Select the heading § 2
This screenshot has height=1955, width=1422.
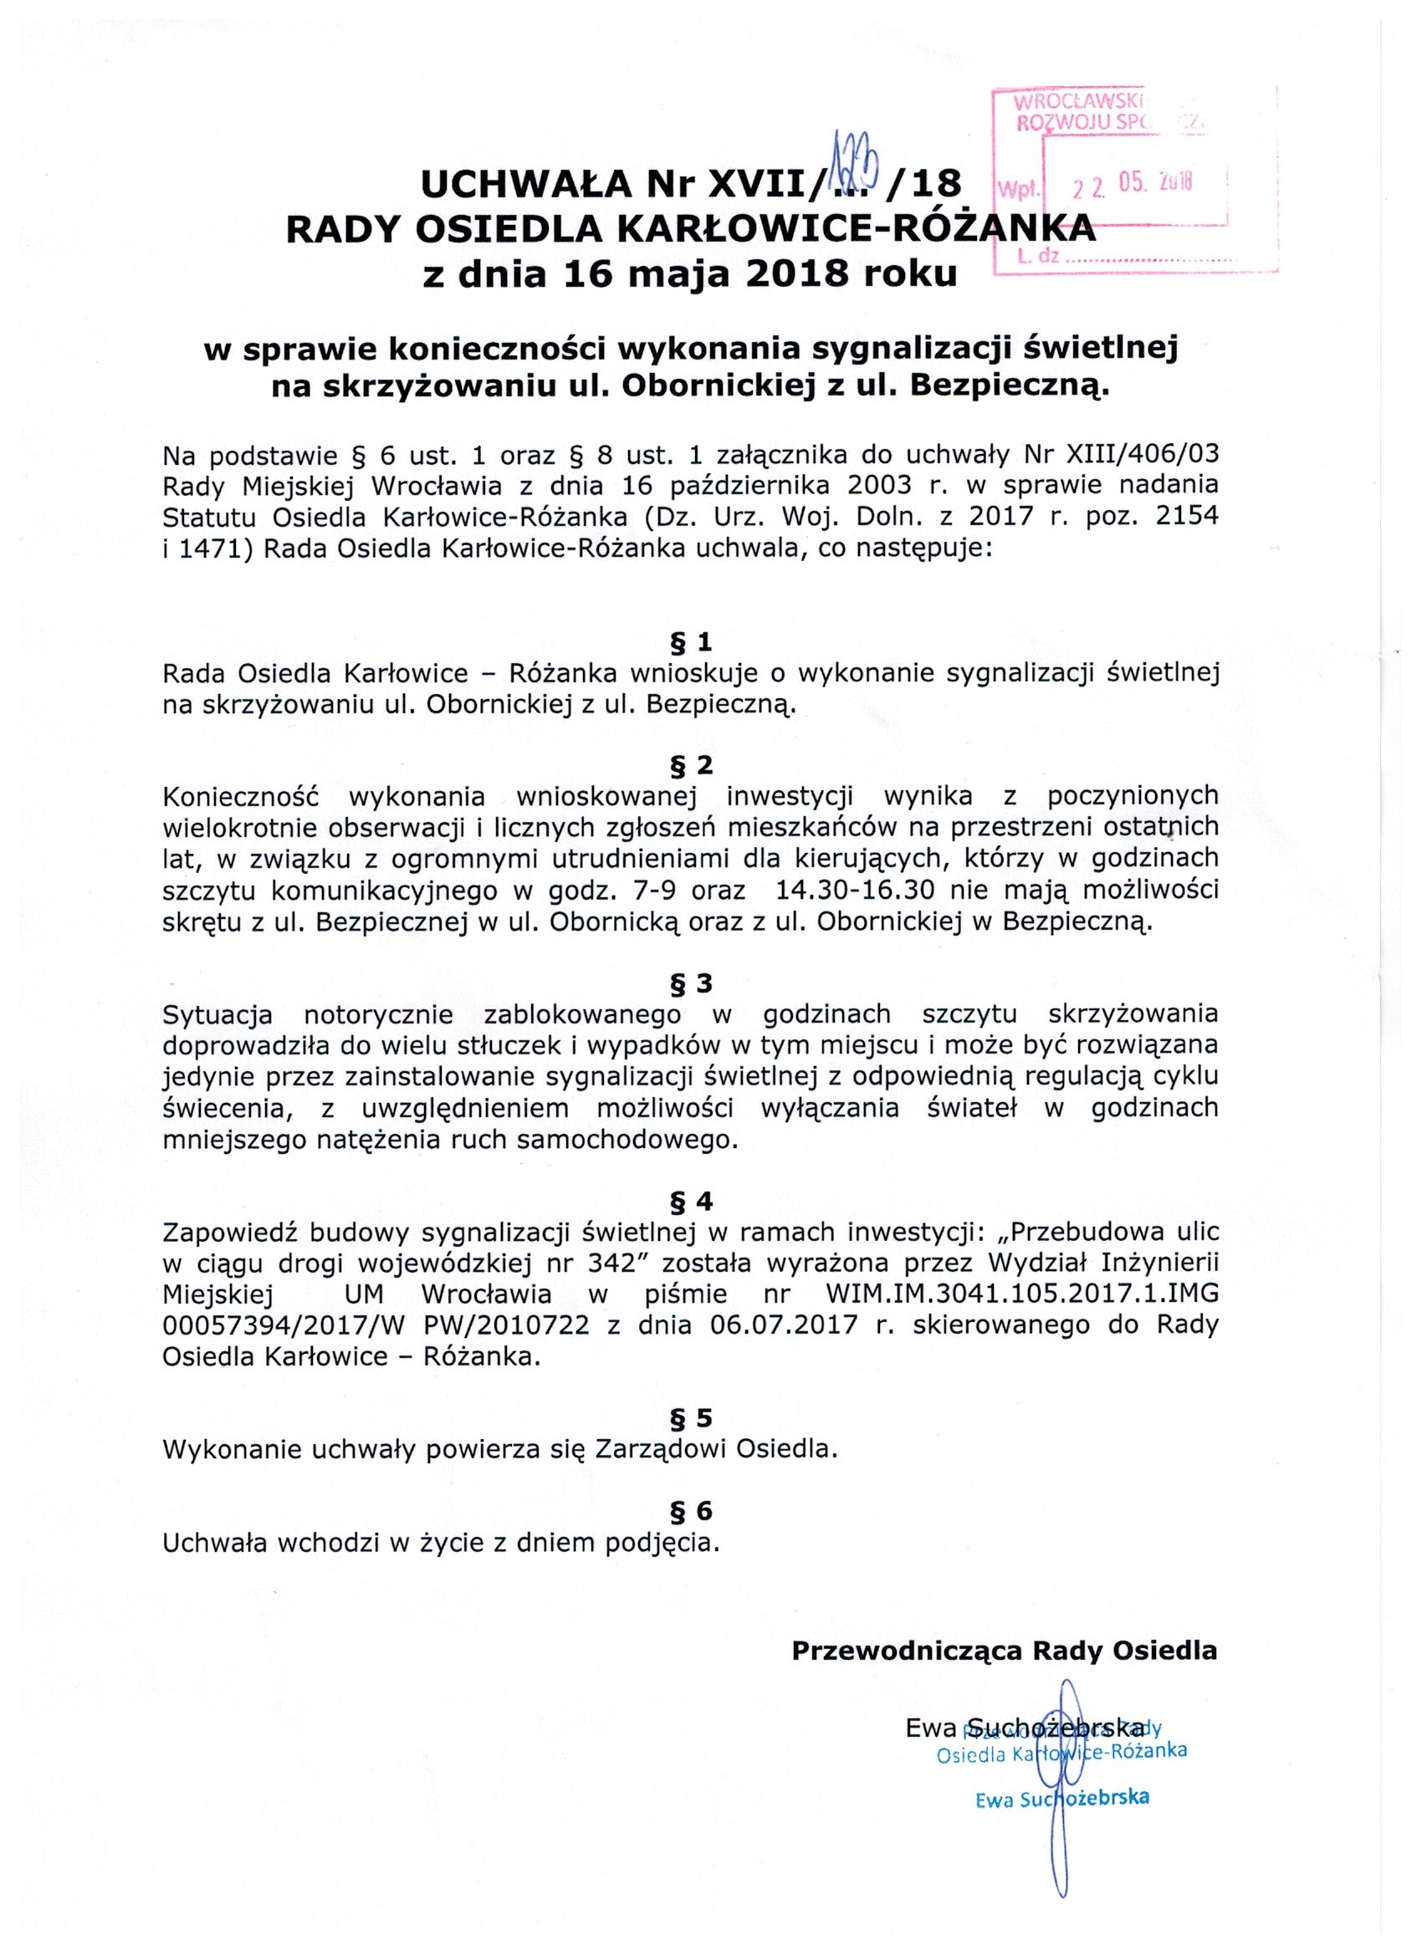[691, 764]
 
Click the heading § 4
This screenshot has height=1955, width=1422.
[691, 1201]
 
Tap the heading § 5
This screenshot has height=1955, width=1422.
[691, 1418]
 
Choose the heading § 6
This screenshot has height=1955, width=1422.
[691, 1511]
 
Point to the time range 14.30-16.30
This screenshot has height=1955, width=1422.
[865, 890]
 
